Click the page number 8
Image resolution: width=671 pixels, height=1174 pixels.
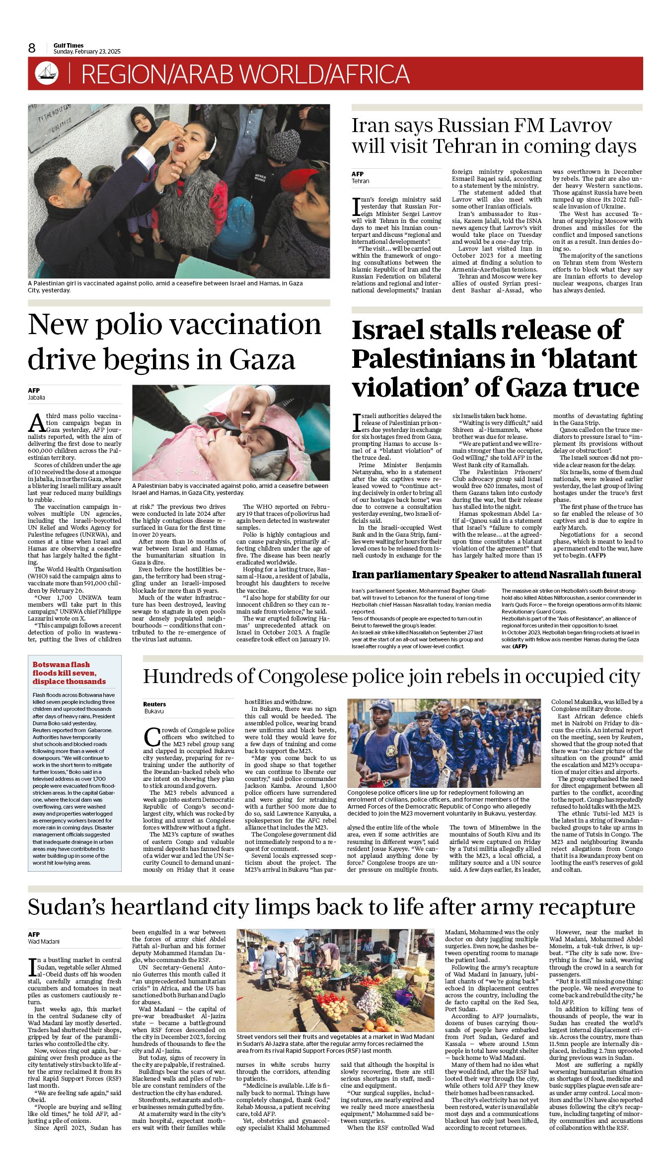click(32, 48)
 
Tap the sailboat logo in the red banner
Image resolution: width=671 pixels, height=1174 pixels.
click(47, 73)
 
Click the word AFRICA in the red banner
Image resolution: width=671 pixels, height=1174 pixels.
click(370, 74)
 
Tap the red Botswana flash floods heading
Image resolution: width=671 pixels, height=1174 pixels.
click(69, 673)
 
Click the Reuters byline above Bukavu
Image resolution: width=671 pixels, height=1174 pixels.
click(154, 704)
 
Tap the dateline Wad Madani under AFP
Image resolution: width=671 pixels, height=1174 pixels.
click(43, 942)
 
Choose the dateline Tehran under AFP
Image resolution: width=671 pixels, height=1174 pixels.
click(361, 181)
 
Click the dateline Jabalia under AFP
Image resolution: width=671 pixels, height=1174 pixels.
click(36, 398)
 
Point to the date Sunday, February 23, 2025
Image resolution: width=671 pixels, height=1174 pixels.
click(87, 52)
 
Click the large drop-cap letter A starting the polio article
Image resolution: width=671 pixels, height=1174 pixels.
click(37, 422)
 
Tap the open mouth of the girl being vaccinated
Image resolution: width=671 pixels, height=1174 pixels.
click(179, 147)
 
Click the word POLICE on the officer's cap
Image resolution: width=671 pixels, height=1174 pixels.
click(381, 703)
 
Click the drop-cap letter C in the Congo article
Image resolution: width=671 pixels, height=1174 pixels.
click(151, 738)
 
